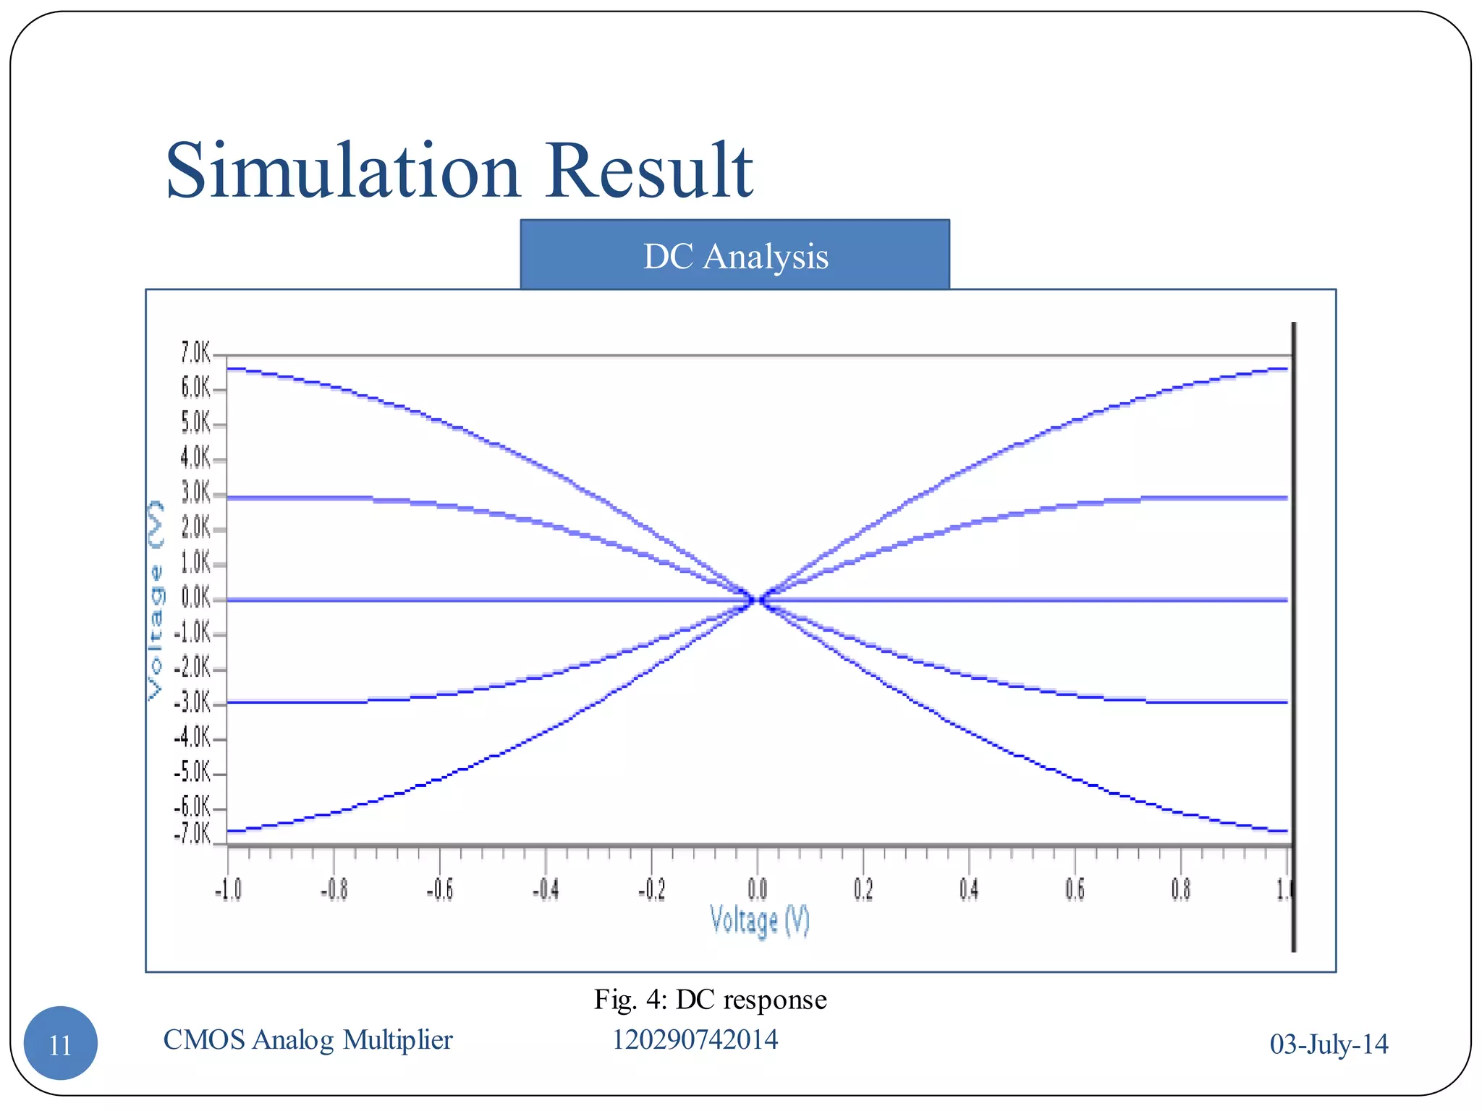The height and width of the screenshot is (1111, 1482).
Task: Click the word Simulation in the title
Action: tap(343, 171)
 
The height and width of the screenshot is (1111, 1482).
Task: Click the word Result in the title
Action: tap(648, 171)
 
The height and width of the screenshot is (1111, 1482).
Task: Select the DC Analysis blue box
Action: tap(734, 255)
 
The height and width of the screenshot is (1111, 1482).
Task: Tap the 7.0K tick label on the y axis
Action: tap(195, 353)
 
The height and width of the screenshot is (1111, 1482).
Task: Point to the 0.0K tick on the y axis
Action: tap(195, 598)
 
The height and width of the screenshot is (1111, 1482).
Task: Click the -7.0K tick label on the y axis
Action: tap(192, 834)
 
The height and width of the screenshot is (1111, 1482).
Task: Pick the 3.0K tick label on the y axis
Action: tap(195, 493)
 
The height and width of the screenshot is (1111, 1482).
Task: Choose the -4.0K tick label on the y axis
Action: tap(192, 738)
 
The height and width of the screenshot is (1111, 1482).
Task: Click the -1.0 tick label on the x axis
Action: tap(228, 889)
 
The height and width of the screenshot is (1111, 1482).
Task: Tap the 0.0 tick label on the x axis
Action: tap(757, 889)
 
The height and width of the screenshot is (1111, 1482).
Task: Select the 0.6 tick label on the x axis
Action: tap(1075, 889)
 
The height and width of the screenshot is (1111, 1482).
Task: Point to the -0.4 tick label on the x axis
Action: tap(545, 889)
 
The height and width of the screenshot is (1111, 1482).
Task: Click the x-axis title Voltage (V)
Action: tap(759, 921)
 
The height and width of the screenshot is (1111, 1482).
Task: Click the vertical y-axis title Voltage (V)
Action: tap(156, 600)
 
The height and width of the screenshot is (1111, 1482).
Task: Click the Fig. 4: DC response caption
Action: tap(710, 1000)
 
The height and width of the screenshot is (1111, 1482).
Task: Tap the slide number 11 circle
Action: tap(61, 1043)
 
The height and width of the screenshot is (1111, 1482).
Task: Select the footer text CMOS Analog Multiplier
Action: tap(308, 1040)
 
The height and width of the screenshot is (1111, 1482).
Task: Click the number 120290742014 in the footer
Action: tap(695, 1040)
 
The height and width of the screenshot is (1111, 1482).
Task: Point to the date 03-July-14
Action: tap(1329, 1044)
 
